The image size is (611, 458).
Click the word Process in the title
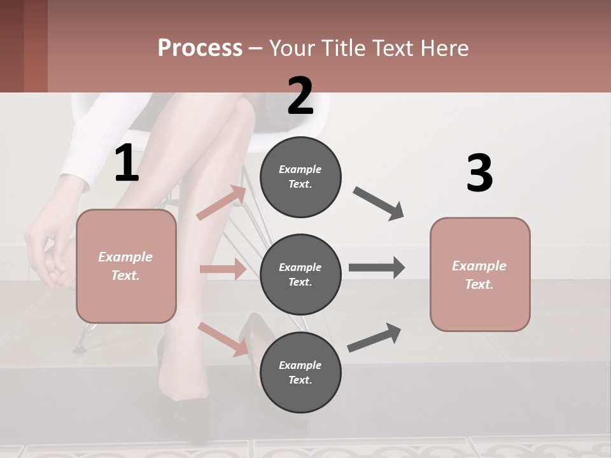pos(200,48)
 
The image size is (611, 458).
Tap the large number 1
pos(127,163)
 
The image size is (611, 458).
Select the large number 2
pos(300,96)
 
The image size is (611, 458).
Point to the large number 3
pos(479,174)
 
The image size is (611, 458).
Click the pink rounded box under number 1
pos(126,266)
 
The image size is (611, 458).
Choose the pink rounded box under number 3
pos(480,274)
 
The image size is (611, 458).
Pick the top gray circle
pos(300,176)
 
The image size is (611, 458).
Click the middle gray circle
pos(300,274)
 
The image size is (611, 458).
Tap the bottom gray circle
pos(300,372)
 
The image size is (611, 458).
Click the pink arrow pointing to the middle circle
pos(223,269)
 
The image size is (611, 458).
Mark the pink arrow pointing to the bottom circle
pos(223,338)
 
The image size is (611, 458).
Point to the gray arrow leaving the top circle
pos(379,204)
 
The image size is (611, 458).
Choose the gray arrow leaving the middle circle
pos(377,268)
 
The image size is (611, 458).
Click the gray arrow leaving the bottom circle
pos(374,338)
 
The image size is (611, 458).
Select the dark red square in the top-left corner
pos(24,46)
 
